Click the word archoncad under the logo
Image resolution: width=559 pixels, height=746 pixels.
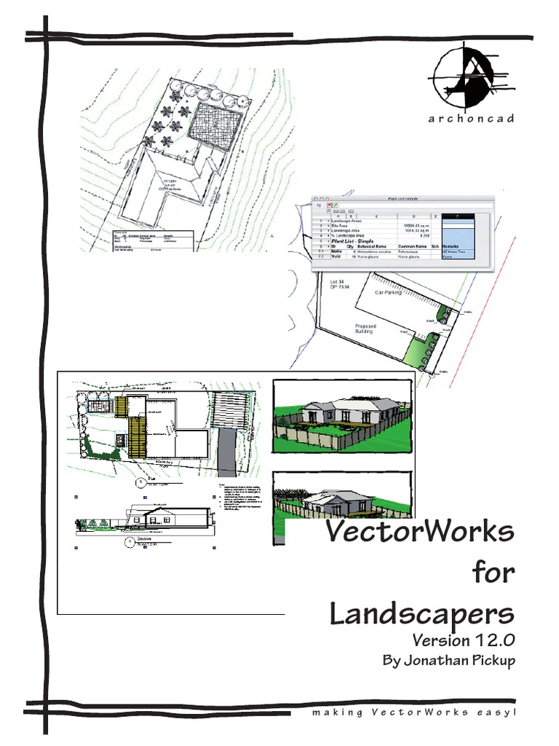click(471, 119)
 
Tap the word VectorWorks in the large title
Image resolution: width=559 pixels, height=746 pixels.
click(419, 533)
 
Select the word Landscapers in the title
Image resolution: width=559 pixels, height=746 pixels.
click(421, 613)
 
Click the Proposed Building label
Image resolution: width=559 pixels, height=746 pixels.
click(365, 329)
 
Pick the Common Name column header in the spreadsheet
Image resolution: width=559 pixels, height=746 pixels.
click(412, 247)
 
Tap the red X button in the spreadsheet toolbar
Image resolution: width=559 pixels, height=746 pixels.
click(330, 206)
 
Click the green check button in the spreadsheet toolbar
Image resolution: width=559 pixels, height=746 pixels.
click(338, 206)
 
